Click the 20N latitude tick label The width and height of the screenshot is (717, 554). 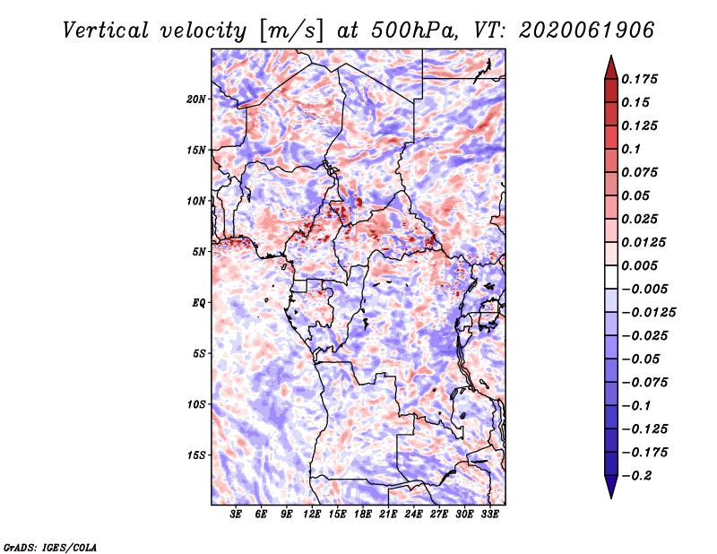(196, 100)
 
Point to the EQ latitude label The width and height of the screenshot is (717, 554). (198, 303)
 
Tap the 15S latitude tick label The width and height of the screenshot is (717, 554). (196, 455)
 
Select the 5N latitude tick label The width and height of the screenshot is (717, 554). (199, 252)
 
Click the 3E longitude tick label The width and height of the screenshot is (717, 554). (236, 515)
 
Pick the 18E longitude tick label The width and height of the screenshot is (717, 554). (363, 515)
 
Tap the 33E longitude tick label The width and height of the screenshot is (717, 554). (489, 515)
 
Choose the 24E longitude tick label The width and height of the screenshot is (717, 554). (413, 515)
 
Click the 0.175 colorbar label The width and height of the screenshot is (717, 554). (639, 79)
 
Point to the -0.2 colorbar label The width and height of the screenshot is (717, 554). (636, 476)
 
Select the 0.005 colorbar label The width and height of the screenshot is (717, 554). (639, 265)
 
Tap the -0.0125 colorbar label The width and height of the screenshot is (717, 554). (648, 313)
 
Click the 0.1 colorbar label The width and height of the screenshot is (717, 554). (631, 149)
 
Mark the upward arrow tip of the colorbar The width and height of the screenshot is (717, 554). (611, 56)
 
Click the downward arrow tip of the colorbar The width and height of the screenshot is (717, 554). (611, 498)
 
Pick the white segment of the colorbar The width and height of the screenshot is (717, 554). (611, 277)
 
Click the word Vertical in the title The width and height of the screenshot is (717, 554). (106, 30)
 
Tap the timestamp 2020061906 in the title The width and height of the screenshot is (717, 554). (587, 30)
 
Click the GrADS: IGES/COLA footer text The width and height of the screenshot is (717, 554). (50, 547)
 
